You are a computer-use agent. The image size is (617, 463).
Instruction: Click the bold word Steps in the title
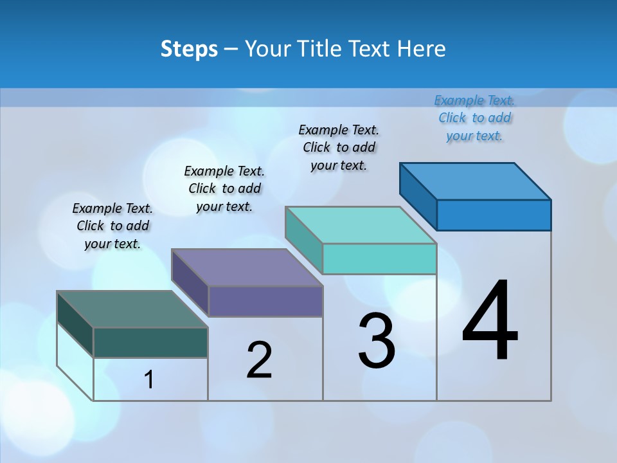[x=189, y=49]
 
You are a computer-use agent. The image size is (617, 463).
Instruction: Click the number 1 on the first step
[x=149, y=379]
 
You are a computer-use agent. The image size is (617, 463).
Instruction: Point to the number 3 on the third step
[x=377, y=341]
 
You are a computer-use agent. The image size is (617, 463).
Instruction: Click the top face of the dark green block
[x=132, y=309]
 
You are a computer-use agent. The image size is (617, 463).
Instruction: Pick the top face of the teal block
[x=361, y=225]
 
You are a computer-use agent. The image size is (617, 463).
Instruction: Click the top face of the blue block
[x=475, y=181]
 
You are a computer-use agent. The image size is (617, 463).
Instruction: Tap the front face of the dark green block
[x=150, y=342]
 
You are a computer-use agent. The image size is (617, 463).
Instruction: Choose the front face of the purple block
[x=265, y=301]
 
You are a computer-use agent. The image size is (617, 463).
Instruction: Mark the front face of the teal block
[x=379, y=259]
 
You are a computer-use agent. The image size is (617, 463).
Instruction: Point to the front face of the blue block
[x=494, y=215]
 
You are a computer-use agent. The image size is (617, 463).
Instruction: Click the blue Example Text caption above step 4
[x=474, y=118]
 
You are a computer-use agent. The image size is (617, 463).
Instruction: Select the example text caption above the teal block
[x=339, y=147]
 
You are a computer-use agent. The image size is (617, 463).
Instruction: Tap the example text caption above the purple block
[x=224, y=188]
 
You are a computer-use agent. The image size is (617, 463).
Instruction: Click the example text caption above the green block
[x=112, y=226]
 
